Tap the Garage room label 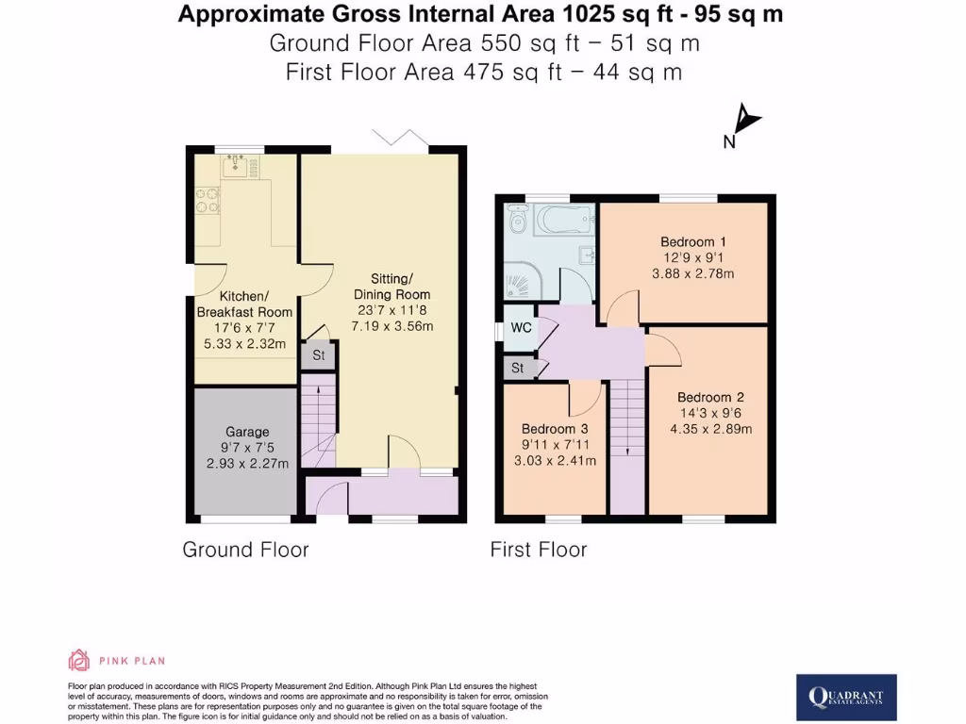(246, 432)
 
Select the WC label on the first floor (521, 327)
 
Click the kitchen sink (235, 165)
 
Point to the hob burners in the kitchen (208, 201)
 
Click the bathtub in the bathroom (564, 219)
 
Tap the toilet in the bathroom (518, 219)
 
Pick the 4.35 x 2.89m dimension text (711, 429)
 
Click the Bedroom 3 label (555, 429)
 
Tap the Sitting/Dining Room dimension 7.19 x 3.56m (391, 326)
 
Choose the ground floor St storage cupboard (319, 355)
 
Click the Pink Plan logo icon (79, 660)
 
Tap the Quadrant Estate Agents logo (846, 698)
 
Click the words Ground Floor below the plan (246, 550)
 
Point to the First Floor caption (539, 550)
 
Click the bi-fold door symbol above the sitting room (400, 138)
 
